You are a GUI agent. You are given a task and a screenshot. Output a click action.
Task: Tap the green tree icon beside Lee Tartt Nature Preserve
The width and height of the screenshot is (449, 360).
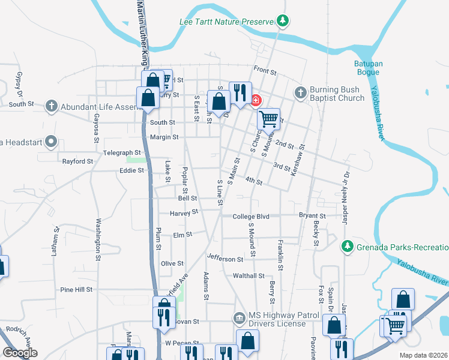coord(282,22)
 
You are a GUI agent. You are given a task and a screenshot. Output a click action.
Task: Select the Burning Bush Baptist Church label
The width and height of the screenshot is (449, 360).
coord(337,94)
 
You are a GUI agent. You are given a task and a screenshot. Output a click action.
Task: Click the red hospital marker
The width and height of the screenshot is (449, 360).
coord(256,100)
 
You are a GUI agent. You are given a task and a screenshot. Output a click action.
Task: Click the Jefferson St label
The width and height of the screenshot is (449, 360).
coord(225,259)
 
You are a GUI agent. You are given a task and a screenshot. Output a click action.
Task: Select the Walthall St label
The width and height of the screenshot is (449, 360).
coord(249,276)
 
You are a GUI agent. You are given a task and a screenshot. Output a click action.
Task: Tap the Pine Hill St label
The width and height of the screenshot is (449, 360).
coord(76,289)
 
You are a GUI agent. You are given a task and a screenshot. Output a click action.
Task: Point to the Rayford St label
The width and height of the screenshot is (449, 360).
coord(78,161)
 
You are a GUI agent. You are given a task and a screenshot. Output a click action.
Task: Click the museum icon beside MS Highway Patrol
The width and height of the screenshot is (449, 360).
coord(239,316)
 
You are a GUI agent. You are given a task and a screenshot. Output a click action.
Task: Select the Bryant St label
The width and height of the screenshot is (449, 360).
coord(313,216)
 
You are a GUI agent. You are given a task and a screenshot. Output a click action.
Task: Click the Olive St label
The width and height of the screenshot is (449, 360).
coord(172,263)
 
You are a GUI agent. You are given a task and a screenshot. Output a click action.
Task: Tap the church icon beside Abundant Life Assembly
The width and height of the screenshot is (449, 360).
coord(52,106)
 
